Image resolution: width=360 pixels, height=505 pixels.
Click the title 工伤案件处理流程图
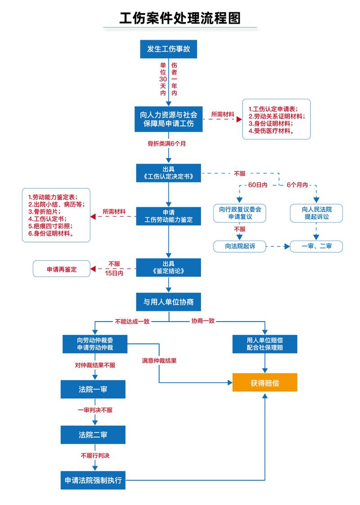[180, 18]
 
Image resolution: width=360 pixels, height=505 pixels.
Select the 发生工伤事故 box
[169, 49]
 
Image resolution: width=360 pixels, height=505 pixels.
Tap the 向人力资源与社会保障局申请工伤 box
[169, 119]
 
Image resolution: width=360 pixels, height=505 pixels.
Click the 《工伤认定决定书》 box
[169, 172]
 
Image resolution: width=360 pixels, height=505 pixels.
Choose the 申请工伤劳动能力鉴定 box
[169, 216]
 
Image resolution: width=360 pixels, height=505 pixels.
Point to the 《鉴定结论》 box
[169, 268]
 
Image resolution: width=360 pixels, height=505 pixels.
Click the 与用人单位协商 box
[169, 302]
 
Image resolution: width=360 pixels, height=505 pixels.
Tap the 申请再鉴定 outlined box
[62, 269]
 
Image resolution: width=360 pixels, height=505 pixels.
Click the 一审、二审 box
[316, 246]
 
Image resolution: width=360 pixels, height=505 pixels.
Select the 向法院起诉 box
[240, 246]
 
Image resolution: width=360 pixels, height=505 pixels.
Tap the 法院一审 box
[93, 389]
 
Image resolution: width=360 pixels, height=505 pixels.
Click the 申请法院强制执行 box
[93, 480]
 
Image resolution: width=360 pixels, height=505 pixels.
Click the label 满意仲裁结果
[159, 360]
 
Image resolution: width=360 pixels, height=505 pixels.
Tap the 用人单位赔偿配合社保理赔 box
[265, 344]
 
